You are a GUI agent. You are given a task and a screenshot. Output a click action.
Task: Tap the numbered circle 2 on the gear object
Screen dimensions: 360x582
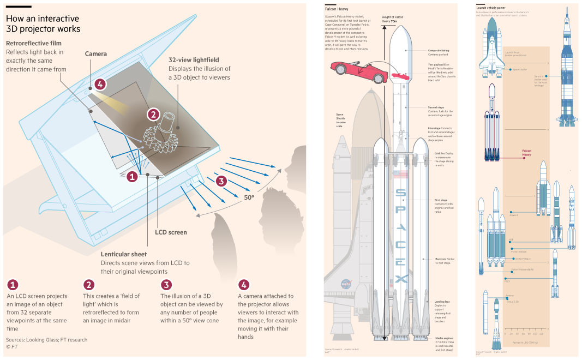[x=153, y=114]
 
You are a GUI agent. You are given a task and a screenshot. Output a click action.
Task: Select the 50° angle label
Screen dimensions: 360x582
[x=249, y=197]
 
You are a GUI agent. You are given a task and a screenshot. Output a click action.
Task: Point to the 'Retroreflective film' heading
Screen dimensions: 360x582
[x=33, y=43]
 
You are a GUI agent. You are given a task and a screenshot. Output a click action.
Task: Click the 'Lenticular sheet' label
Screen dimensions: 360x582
[x=124, y=254]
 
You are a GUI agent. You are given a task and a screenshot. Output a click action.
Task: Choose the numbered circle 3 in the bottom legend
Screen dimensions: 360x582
[x=166, y=285]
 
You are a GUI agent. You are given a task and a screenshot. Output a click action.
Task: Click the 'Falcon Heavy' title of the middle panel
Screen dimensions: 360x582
[x=337, y=9]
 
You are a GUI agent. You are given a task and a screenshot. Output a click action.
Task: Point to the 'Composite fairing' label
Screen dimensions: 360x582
[x=439, y=50]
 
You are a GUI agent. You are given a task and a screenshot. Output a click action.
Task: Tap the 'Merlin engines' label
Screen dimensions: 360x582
[x=442, y=338]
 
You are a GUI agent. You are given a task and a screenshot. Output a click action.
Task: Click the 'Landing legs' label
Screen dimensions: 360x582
[x=442, y=301]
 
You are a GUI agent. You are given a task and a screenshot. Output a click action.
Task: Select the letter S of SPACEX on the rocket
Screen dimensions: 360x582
[x=400, y=194]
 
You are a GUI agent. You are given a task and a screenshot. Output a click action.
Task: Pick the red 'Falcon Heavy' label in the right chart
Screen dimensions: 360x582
[x=526, y=153]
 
